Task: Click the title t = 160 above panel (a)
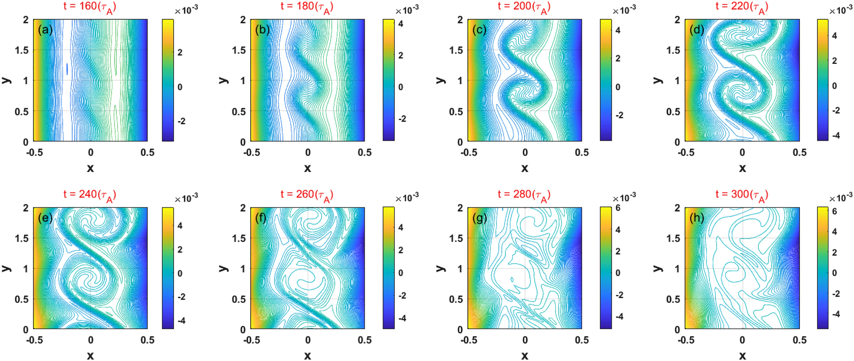coord(90,7)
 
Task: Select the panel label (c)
coord(480,30)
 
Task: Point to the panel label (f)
coord(261,218)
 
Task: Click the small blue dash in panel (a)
coord(67,69)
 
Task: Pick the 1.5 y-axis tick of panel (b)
coord(239,50)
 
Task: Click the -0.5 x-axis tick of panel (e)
coord(34,340)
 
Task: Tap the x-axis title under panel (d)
coord(742,168)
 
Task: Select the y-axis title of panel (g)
coord(440,268)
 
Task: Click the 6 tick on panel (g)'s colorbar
coord(617,208)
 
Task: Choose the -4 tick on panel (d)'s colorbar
coord(836,136)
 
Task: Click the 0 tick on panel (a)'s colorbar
coord(180,87)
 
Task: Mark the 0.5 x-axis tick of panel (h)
coord(799,340)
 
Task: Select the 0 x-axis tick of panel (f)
coord(308,340)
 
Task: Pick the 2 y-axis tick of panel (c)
coord(460,20)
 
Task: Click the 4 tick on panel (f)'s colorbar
coord(400,228)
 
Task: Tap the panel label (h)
coord(697,218)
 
